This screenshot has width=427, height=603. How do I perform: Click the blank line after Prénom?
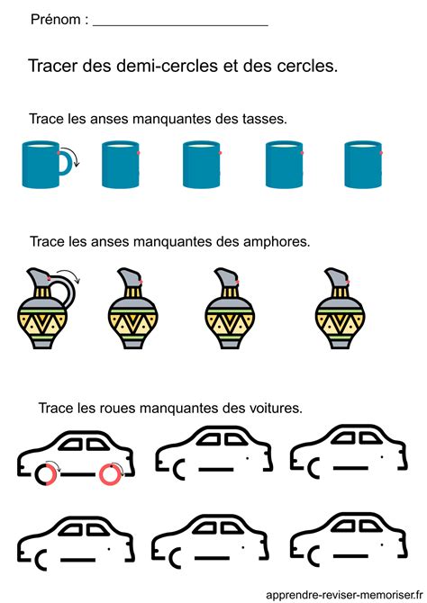pos(180,22)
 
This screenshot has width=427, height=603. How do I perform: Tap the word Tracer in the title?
pos(52,66)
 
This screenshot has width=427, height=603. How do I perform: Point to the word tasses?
pos(264,119)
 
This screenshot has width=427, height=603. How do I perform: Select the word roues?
pos(102,408)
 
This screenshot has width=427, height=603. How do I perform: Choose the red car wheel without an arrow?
pos(112,472)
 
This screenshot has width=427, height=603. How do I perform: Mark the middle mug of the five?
pos(201,165)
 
